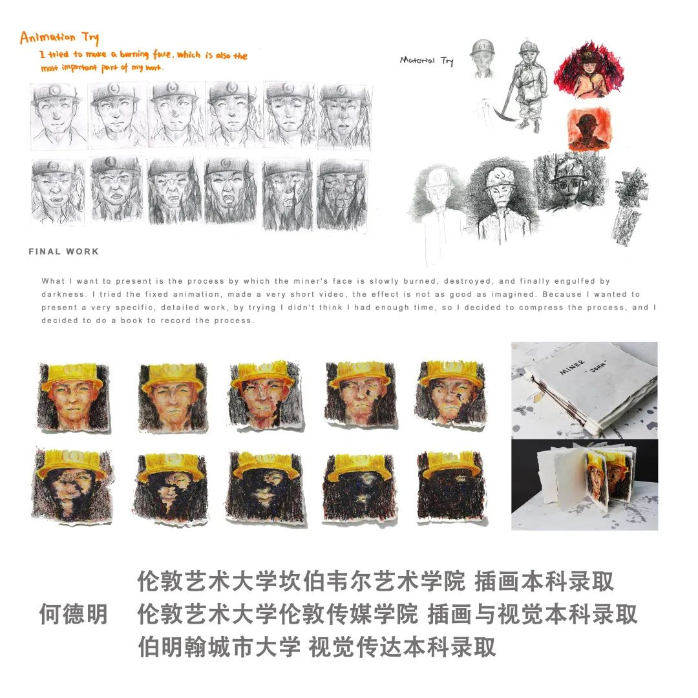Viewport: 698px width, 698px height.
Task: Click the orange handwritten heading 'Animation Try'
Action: point(59,38)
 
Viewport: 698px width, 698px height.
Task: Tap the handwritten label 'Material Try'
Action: point(427,61)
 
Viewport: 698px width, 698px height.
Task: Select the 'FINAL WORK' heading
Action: point(63,251)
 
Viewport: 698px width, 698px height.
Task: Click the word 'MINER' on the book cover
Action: point(572,367)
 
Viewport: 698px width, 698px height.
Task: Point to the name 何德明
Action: point(74,615)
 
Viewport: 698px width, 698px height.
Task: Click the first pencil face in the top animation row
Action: point(56,116)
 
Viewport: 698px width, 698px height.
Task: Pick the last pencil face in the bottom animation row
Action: point(342,195)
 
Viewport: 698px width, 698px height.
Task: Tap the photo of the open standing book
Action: point(584,485)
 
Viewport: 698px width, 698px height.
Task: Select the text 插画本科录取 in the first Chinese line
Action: point(544,582)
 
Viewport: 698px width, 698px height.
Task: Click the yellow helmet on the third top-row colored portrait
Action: point(264,372)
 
